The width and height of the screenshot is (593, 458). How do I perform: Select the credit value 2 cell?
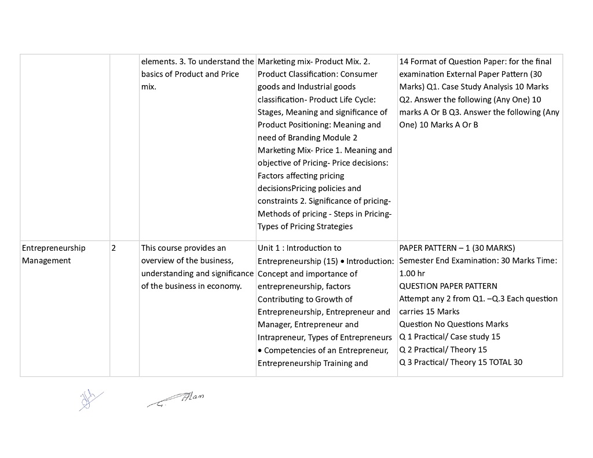click(x=114, y=248)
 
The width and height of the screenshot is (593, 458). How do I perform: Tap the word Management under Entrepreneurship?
click(x=46, y=261)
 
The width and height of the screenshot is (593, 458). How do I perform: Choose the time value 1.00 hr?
click(x=412, y=273)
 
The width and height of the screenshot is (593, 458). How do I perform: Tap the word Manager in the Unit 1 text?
click(x=274, y=324)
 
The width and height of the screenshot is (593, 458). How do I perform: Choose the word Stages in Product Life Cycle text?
click(x=270, y=112)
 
